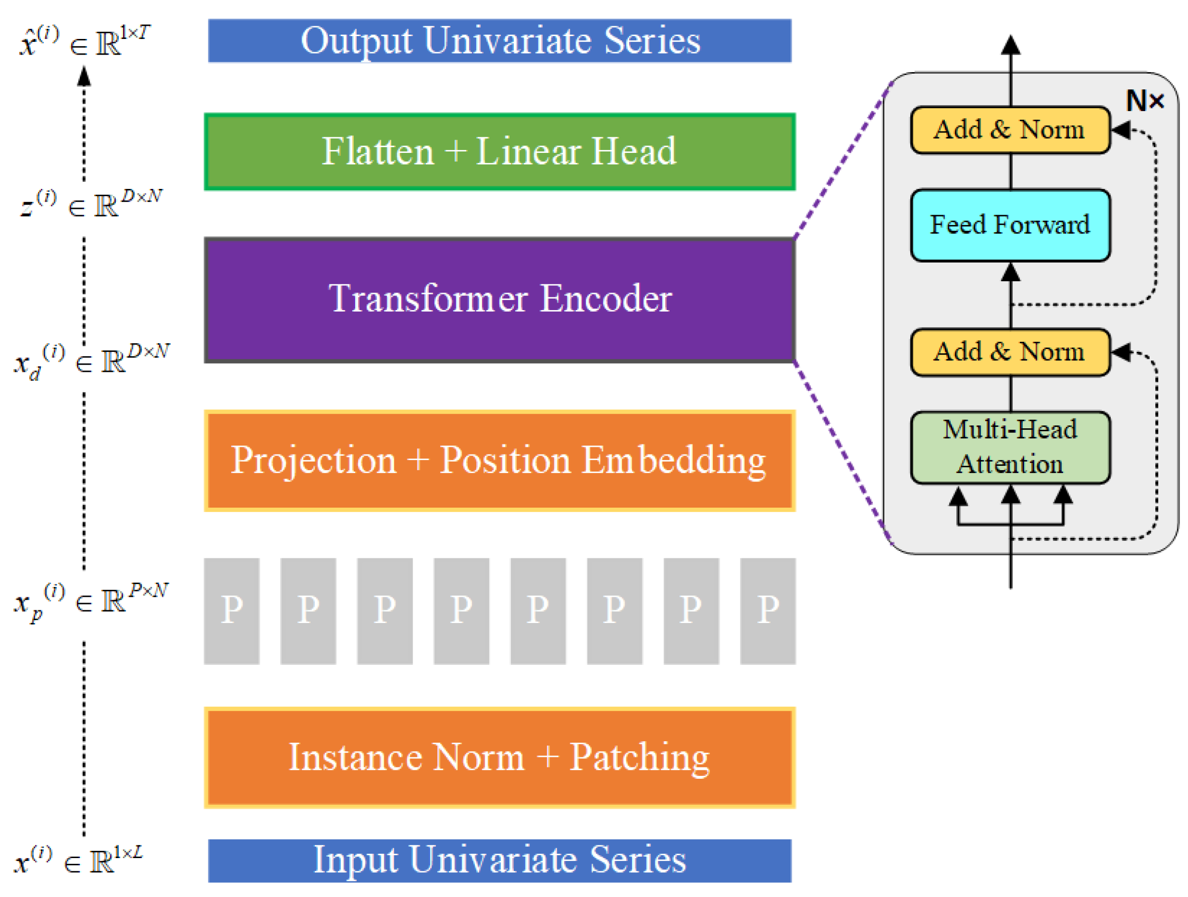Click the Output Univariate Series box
500,41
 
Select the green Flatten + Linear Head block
500,151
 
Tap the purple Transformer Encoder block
500,300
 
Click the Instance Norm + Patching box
500,757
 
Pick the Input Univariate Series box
500,860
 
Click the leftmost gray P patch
232,611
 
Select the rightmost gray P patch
767,611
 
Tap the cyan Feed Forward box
1010,225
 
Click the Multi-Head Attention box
1010,447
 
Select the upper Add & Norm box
1010,130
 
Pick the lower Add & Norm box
1010,352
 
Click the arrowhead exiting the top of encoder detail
1011,45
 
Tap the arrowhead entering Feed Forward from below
1011,272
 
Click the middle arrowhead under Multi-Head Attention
1011,495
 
